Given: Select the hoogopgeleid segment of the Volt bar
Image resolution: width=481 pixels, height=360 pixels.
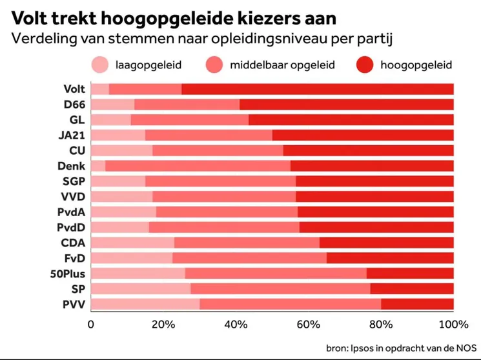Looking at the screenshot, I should click(317, 89).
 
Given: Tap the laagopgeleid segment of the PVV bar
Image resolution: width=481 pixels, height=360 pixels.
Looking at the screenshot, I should click(145, 304).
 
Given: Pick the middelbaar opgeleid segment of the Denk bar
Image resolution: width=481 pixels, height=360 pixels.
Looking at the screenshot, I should click(198, 166).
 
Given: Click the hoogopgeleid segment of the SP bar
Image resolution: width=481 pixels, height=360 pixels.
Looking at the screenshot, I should click(411, 288).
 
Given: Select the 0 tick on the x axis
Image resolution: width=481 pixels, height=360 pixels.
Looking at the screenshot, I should click(91, 323).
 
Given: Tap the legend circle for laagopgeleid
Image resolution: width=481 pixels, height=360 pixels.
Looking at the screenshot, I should click(100, 65).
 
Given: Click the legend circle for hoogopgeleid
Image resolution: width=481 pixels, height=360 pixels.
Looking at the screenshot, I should click(365, 65).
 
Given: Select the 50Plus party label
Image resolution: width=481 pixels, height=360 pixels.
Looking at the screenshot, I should click(68, 274).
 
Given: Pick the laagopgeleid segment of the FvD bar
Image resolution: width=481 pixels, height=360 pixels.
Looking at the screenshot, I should click(132, 258).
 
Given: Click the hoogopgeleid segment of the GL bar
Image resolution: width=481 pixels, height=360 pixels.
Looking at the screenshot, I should click(351, 119).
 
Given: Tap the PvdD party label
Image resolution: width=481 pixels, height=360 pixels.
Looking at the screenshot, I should click(72, 227).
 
